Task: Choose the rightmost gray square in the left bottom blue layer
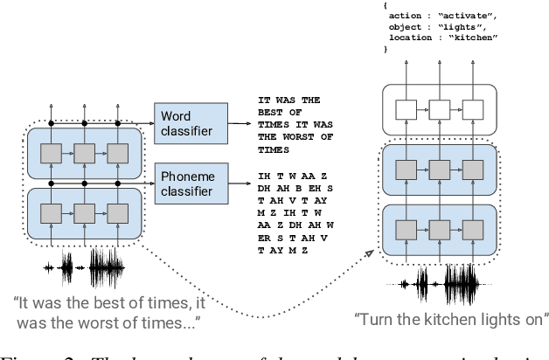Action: tap(118, 212)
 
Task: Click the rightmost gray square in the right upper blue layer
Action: tap(472, 170)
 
